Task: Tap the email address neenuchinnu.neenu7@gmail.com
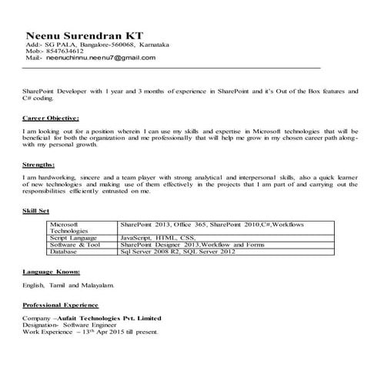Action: [x=101, y=58]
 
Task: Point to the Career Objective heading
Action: [x=51, y=119]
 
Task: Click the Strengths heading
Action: [x=38, y=165]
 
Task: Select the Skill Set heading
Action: [x=37, y=210]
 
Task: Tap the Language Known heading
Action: [x=52, y=272]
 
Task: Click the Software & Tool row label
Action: [x=76, y=245]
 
